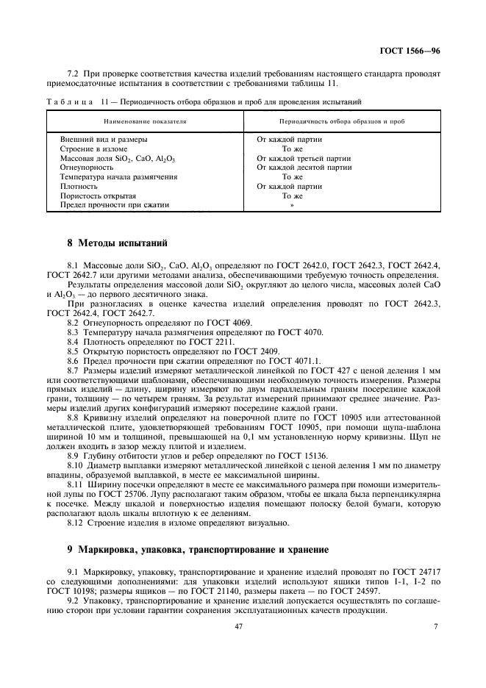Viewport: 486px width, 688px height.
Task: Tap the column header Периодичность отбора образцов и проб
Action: tap(342, 119)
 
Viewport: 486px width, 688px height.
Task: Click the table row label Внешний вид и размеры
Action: tap(103, 139)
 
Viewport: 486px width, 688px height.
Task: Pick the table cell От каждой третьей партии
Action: tap(303, 158)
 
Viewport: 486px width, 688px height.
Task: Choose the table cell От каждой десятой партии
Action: tap(304, 168)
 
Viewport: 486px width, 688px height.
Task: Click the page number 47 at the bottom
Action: tap(238, 626)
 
